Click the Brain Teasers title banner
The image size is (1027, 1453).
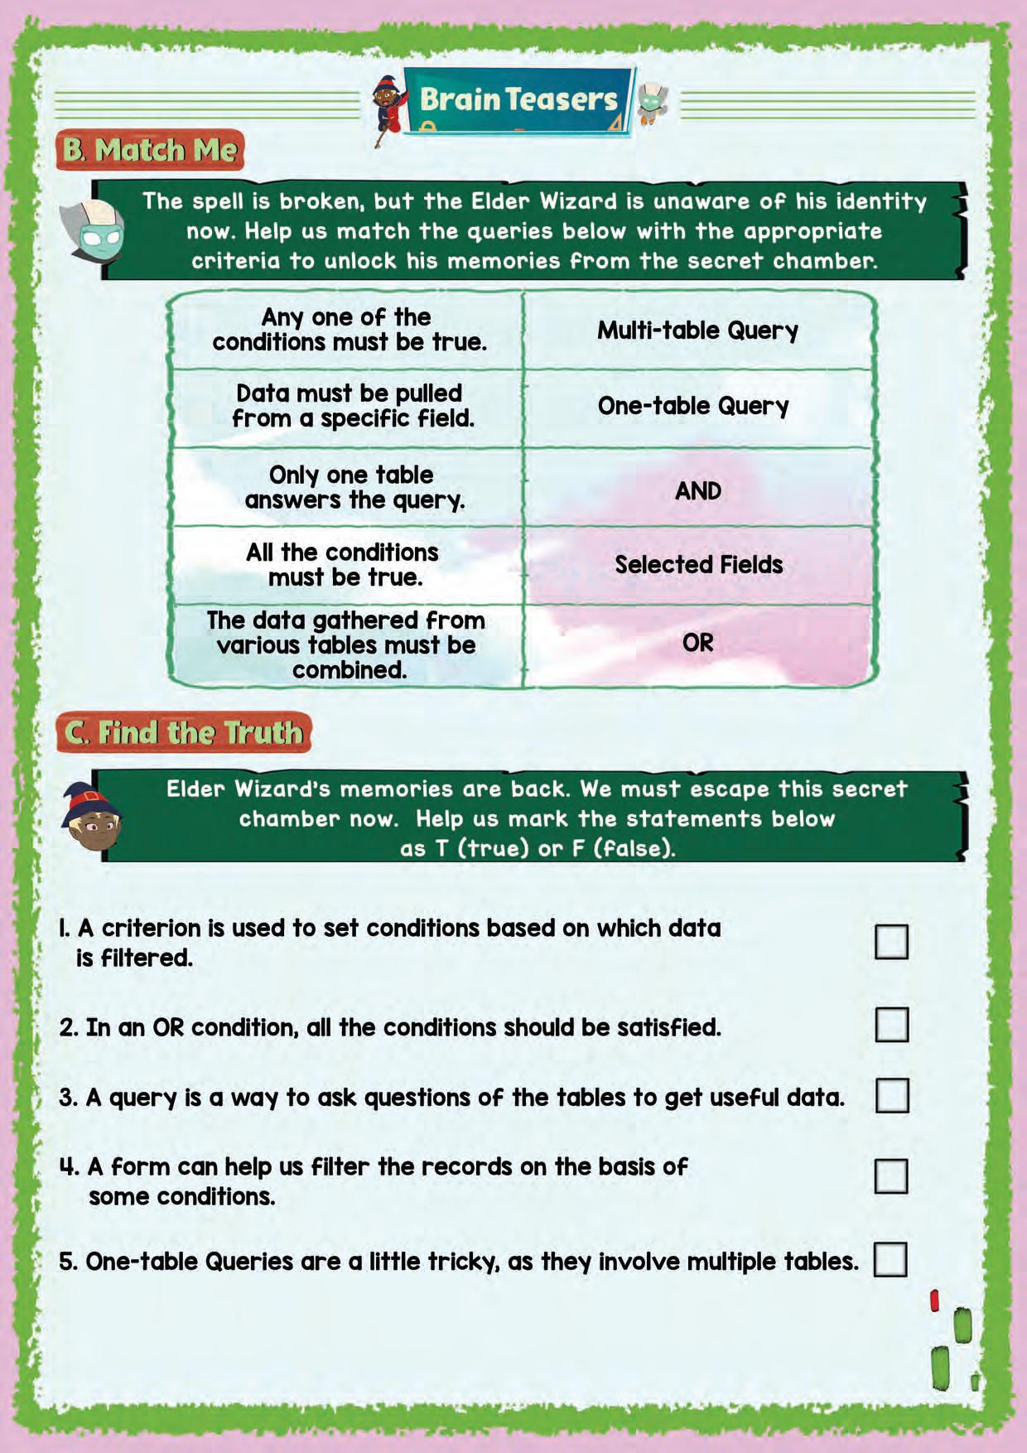[518, 100]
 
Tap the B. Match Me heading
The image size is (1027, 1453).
[150, 150]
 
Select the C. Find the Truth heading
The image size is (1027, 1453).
[184, 733]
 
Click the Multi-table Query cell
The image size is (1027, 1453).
[697, 331]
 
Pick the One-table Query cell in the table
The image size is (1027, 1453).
[693, 406]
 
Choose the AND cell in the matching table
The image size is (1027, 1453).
[697, 491]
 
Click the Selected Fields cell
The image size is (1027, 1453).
[698, 565]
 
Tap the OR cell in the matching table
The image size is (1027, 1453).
[697, 643]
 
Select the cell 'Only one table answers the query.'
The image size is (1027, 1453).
[351, 487]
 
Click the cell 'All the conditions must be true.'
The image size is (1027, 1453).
[344, 565]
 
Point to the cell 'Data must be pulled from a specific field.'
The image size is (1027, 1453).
[351, 406]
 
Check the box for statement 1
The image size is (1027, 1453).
[891, 942]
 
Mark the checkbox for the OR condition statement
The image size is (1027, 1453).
[891, 1025]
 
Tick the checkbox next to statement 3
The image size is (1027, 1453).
[891, 1095]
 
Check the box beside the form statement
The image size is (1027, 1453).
[891, 1175]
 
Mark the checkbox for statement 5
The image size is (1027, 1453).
[890, 1259]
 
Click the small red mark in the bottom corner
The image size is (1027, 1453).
[934, 1301]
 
